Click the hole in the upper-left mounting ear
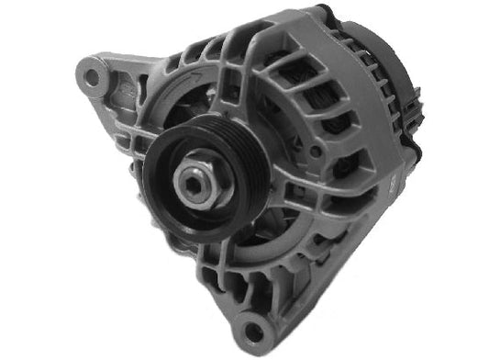coord(92,76)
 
